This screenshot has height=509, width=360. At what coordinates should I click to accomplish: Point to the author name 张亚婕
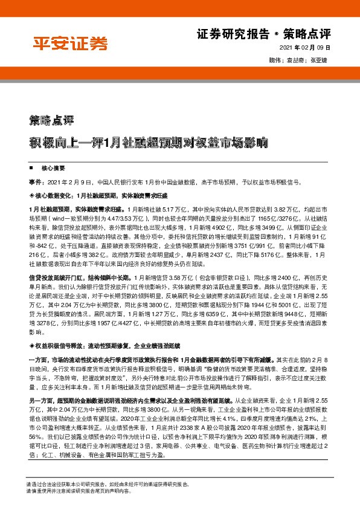tap(318, 60)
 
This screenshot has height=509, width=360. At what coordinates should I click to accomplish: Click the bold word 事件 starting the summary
tap(36, 182)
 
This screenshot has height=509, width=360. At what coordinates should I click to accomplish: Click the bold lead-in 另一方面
tap(41, 417)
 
